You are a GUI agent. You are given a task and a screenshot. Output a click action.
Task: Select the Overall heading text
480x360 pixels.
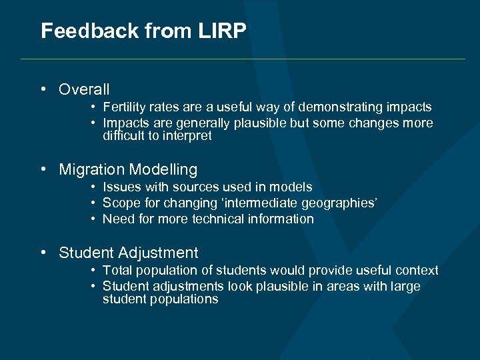[84, 89]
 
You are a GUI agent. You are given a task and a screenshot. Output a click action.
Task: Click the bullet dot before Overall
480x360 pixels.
[43, 89]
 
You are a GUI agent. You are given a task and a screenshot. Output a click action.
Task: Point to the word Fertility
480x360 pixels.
[125, 107]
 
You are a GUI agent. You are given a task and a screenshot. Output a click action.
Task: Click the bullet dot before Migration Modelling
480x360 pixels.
[43, 169]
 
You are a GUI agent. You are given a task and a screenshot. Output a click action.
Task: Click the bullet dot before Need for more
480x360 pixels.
[95, 219]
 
